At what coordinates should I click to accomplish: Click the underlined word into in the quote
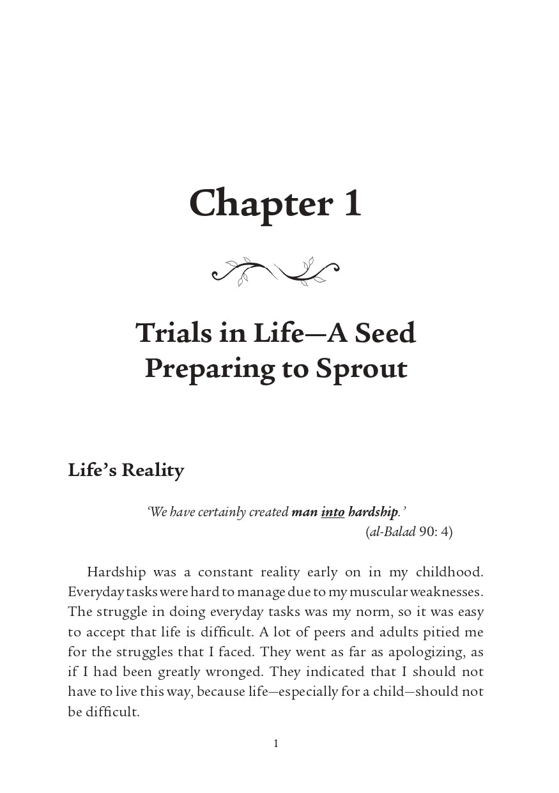[x=332, y=512]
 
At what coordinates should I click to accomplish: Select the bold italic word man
[x=304, y=512]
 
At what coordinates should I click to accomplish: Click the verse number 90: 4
[x=436, y=532]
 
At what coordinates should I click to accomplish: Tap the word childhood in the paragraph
[x=450, y=572]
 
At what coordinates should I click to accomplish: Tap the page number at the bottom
[x=276, y=743]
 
